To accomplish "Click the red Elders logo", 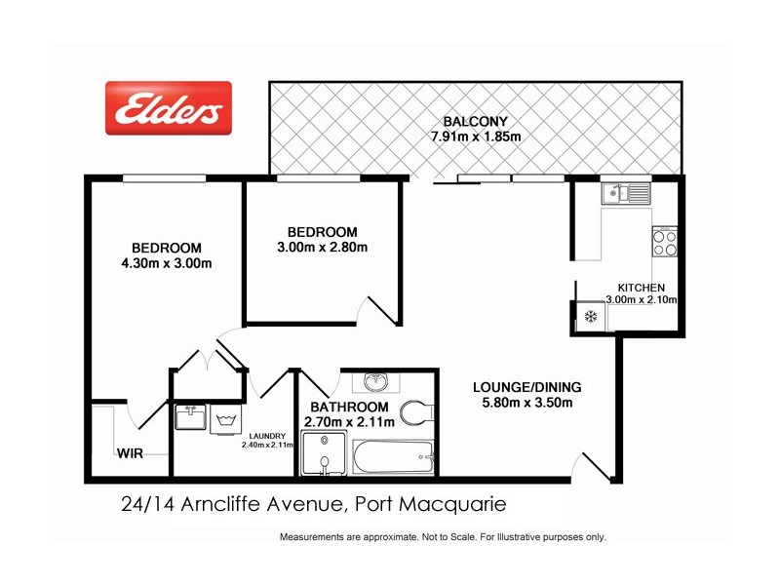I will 168,107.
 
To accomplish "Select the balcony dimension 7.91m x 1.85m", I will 476,136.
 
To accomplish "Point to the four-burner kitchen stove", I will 664,241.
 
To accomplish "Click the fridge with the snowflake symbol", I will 590,316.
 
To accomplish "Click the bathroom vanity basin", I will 375,382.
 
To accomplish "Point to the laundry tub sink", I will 191,419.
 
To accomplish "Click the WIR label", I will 131,453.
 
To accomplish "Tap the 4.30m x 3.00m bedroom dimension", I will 166,263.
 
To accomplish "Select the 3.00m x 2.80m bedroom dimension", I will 322,247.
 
